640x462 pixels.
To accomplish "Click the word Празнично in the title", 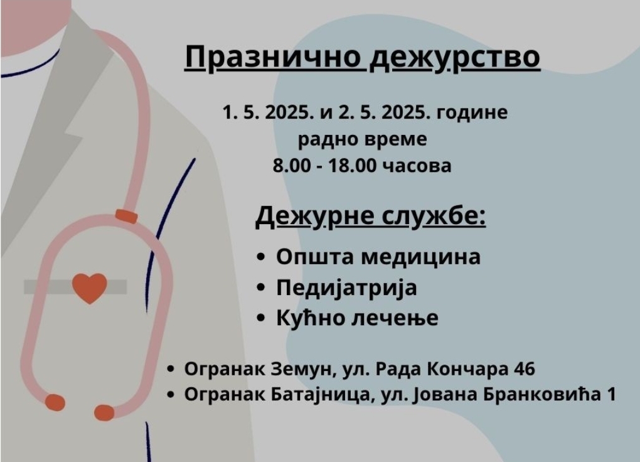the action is (273, 58).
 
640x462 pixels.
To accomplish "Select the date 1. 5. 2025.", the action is (269, 112).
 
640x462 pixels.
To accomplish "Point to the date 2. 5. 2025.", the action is (384, 112).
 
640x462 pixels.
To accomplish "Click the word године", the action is (472, 113).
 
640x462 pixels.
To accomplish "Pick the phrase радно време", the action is (362, 140).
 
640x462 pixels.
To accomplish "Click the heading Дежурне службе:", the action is (371, 216).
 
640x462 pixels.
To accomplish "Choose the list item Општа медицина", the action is (378, 257).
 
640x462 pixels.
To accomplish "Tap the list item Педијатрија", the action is (346, 287).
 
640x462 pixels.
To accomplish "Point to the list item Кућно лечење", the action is (357, 318).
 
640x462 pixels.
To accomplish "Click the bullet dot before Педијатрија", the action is (261, 287).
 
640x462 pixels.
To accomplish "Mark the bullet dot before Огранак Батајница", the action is (171, 395).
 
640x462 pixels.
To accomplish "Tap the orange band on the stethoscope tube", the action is (125, 216).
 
